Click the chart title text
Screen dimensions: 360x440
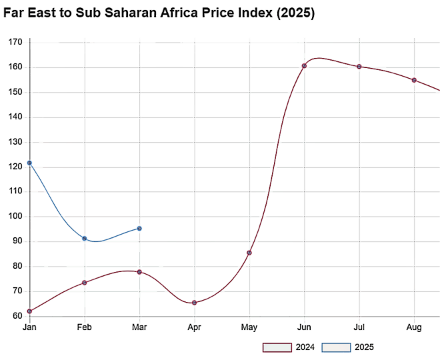pyautogui.click(x=159, y=13)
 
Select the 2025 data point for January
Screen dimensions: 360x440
pyautogui.click(x=29, y=163)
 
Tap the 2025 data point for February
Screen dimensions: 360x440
pyautogui.click(x=85, y=238)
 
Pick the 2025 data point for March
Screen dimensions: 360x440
pyautogui.click(x=139, y=228)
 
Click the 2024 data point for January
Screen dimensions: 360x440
pyautogui.click(x=29, y=311)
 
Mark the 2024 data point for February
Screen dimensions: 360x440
pyautogui.click(x=85, y=283)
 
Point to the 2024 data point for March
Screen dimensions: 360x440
pyautogui.click(x=139, y=272)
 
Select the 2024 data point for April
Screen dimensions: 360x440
pyautogui.click(x=195, y=303)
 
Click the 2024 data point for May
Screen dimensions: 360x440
pyautogui.click(x=249, y=253)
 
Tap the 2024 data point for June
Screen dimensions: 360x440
pyautogui.click(x=304, y=66)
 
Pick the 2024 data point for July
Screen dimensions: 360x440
pyautogui.click(x=359, y=67)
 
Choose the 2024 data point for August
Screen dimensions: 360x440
pyautogui.click(x=414, y=80)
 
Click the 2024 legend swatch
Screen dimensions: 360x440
pyautogui.click(x=278, y=347)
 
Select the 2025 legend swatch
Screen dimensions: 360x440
pyautogui.click(x=336, y=347)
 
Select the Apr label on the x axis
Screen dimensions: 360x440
pyautogui.click(x=195, y=327)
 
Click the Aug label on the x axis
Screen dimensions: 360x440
pyautogui.click(x=414, y=327)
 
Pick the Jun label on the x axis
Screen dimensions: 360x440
pyautogui.click(x=304, y=327)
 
